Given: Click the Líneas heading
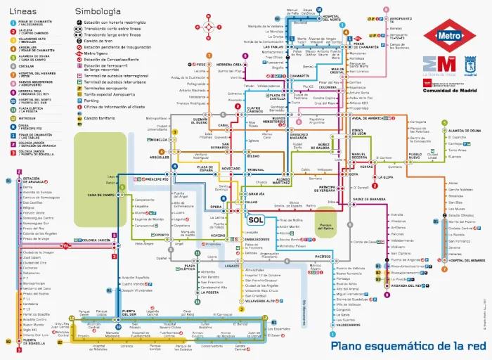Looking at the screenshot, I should click(22, 12).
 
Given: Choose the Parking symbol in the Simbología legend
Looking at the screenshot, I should click(84, 101).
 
